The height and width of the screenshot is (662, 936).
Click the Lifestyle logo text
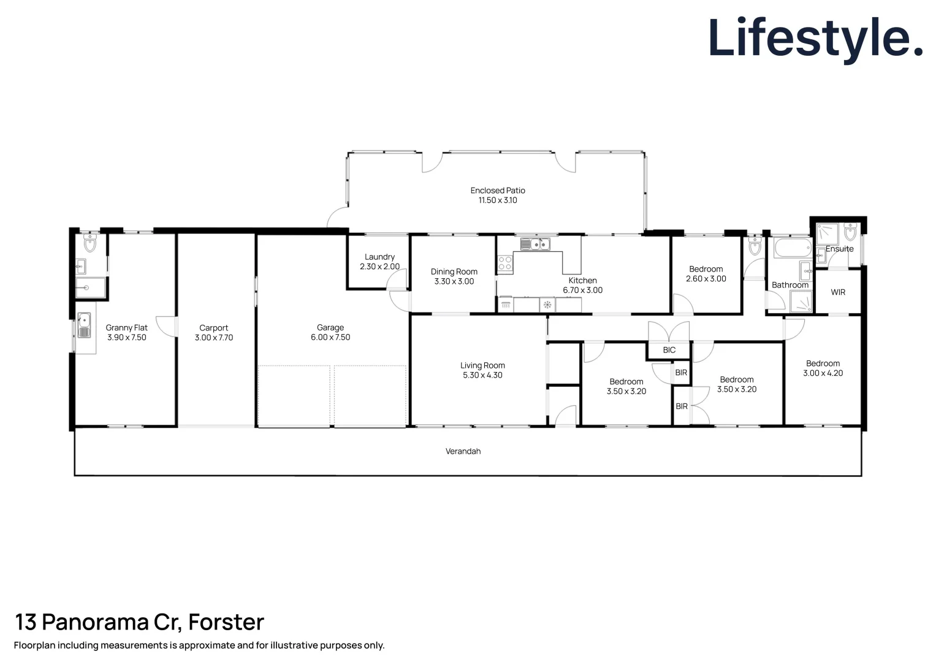(x=815, y=38)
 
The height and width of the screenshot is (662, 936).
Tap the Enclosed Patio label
(x=497, y=191)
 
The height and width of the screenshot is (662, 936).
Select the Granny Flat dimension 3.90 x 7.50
(x=126, y=338)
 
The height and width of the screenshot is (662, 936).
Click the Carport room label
(x=213, y=328)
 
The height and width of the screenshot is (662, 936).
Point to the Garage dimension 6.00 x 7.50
(x=330, y=337)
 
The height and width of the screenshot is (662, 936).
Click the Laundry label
(x=379, y=257)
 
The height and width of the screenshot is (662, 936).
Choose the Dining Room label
(x=454, y=272)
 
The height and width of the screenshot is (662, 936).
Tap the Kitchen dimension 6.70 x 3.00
(x=582, y=291)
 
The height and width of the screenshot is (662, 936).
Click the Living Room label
(x=482, y=365)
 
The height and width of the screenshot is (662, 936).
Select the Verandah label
(x=463, y=451)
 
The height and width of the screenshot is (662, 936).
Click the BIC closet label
(x=669, y=350)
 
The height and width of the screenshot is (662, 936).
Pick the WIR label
(x=838, y=292)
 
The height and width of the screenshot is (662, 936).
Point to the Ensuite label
(x=839, y=249)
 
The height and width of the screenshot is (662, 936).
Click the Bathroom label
(x=790, y=285)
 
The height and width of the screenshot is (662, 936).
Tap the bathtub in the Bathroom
(x=793, y=249)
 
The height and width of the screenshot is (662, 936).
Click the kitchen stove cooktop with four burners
(x=504, y=264)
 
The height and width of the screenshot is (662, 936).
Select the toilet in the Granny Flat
(x=90, y=243)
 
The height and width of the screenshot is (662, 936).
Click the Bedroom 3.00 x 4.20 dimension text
(x=823, y=373)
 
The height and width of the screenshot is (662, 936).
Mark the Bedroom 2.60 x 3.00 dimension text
(x=706, y=279)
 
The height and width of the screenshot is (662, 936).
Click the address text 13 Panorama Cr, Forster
(x=139, y=622)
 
